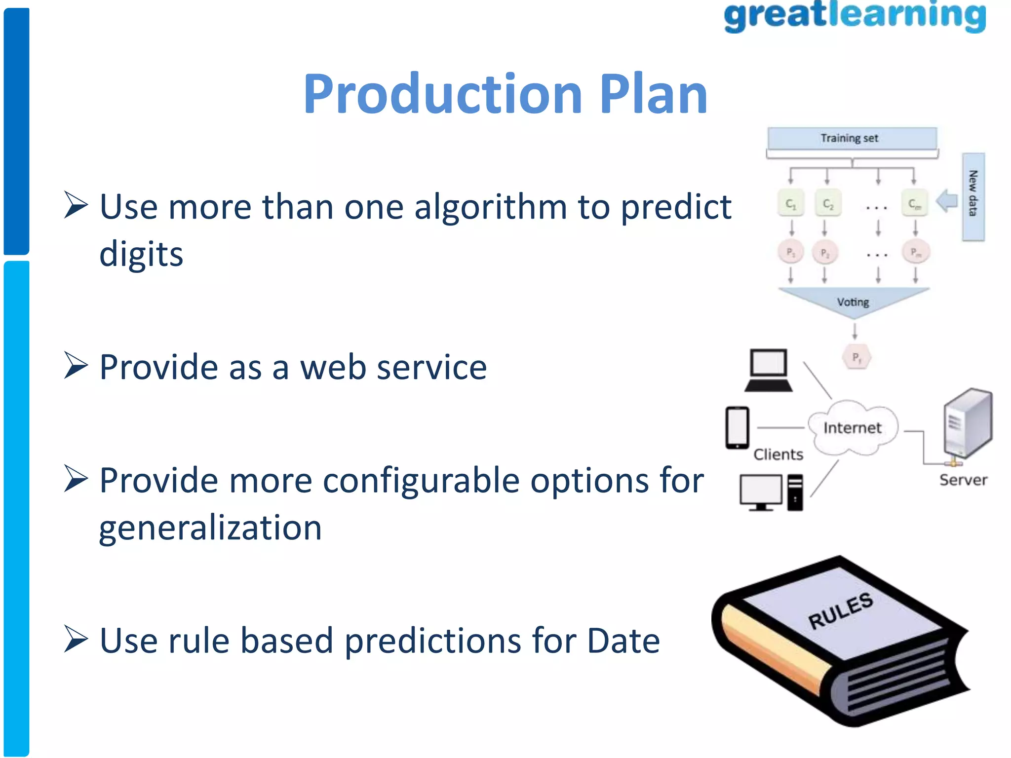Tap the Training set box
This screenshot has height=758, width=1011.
(x=851, y=138)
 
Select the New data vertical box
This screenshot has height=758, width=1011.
(x=972, y=196)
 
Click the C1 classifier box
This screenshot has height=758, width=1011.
(x=791, y=203)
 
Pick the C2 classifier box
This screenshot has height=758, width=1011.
(x=828, y=203)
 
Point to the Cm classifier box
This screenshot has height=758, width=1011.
(x=914, y=203)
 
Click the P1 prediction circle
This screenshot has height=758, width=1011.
(x=790, y=252)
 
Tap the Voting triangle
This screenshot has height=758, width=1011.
(x=853, y=301)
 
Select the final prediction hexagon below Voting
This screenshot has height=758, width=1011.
(x=856, y=357)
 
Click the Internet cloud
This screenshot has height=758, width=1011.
(x=853, y=428)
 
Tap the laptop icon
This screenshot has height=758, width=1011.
(x=769, y=370)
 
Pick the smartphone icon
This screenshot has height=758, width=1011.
(x=737, y=427)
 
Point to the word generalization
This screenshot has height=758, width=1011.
(x=210, y=528)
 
